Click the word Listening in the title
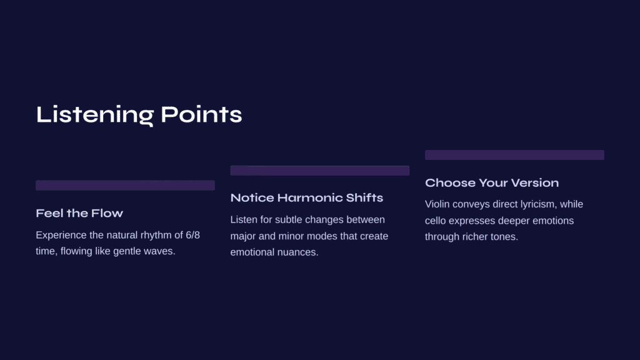point(95,115)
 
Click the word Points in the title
point(201,114)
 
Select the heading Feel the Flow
point(79,213)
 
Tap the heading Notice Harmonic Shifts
point(306,197)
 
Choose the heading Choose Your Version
point(492,183)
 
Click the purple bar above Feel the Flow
point(125,185)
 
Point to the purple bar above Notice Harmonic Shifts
point(320,170)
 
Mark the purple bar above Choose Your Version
point(514,155)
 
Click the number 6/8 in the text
point(192,235)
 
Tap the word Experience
point(61,236)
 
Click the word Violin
point(437,204)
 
